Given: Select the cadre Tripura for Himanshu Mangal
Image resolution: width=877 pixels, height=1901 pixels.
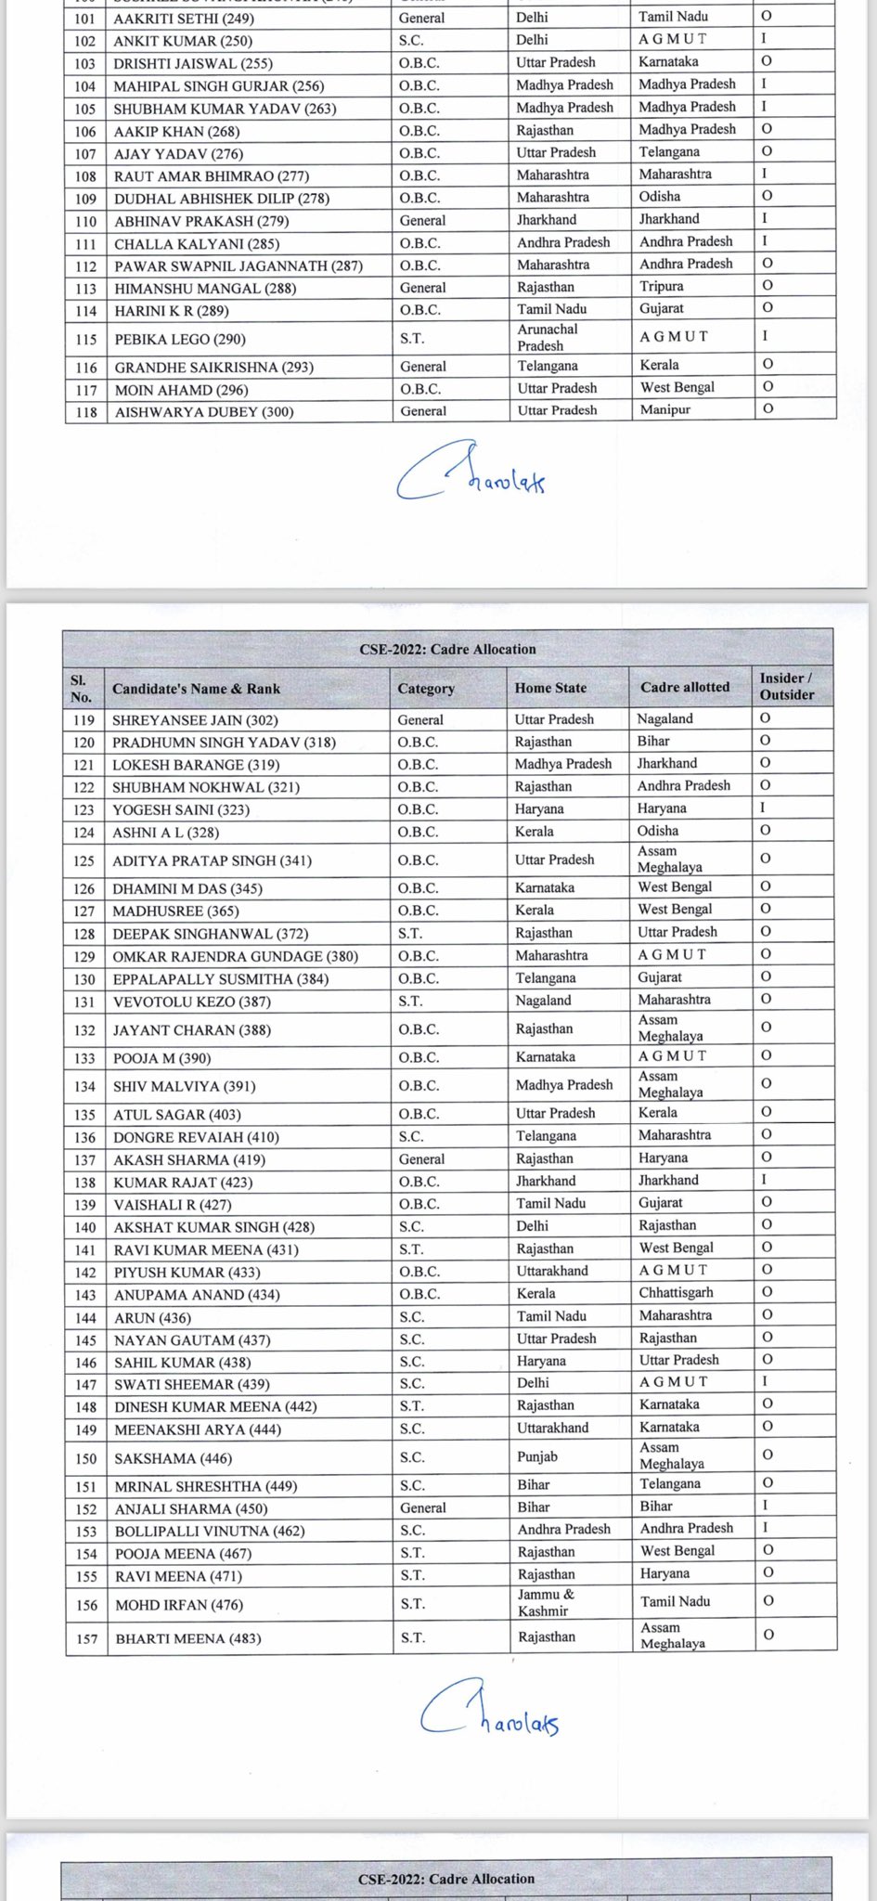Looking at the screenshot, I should click(x=661, y=287).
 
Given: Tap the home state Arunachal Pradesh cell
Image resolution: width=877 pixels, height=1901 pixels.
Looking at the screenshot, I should click(x=548, y=338).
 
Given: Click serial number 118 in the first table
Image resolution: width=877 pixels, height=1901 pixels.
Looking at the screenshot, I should click(x=85, y=412).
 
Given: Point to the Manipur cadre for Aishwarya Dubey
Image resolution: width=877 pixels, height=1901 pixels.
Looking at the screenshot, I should click(x=664, y=410).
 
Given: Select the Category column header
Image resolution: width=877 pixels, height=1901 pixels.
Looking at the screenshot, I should click(x=426, y=689).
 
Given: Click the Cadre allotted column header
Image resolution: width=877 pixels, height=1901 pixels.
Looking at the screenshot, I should click(x=685, y=688).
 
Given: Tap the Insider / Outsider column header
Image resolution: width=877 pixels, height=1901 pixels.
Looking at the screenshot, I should click(x=786, y=687).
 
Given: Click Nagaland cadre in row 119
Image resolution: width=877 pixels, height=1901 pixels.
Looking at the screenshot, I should click(x=664, y=719).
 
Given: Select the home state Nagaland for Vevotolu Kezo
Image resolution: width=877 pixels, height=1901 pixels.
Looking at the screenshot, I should click(x=543, y=1001).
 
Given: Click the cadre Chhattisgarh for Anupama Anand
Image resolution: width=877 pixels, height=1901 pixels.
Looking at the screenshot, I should click(x=677, y=1293).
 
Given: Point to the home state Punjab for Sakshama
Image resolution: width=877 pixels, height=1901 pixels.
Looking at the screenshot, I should click(x=537, y=1457).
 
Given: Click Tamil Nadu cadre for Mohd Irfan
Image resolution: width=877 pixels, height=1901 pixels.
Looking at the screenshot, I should click(x=675, y=1602).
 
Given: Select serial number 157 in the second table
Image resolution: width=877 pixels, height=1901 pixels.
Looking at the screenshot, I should click(x=85, y=1639).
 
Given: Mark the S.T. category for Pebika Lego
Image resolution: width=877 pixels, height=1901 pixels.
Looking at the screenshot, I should click(x=412, y=340).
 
